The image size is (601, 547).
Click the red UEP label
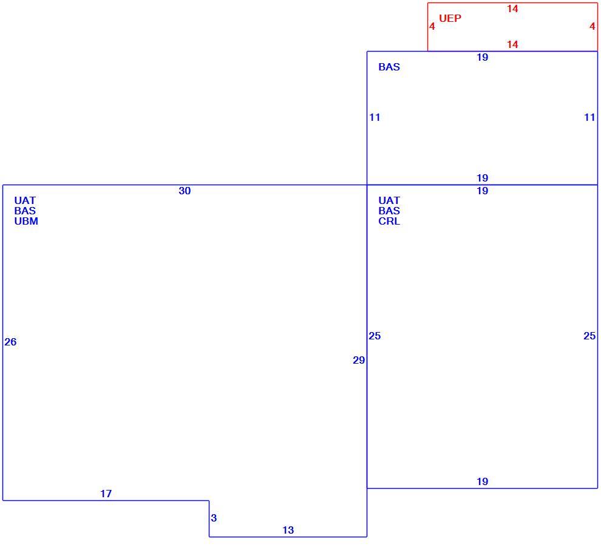coord(450,18)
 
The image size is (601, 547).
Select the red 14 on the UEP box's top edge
coord(512,9)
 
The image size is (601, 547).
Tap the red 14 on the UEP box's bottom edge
coord(512,44)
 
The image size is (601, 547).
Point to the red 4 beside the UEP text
coord(432,27)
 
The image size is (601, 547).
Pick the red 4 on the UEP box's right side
coord(593,27)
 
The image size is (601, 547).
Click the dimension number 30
coord(185,191)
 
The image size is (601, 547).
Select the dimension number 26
coord(10,342)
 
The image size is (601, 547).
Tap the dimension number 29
coord(359,361)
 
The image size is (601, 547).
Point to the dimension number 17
coord(106,494)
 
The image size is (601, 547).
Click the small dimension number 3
coord(214,518)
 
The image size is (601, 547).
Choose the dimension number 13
coord(288,530)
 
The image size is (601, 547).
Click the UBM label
coord(26,221)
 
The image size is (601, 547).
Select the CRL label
coord(389,221)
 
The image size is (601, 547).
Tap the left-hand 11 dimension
coord(375,117)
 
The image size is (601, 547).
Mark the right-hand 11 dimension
coord(589,117)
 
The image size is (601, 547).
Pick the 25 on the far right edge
coord(589,336)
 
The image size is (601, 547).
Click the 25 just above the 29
coord(375,336)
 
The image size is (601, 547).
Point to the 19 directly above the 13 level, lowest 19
coord(483,481)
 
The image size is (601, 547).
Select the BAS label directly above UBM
coord(25,211)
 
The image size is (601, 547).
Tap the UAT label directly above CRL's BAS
coord(389,200)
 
